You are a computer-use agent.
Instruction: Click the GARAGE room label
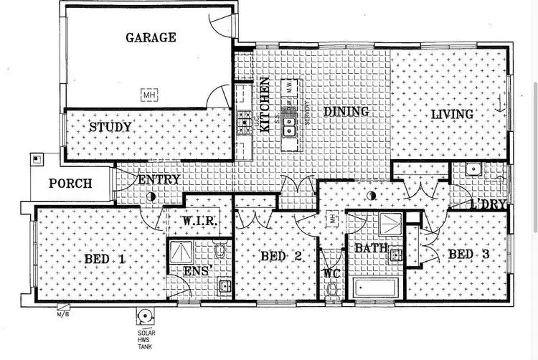click(151, 37)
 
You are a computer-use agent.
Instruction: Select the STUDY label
click(110, 128)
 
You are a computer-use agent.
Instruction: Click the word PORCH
click(70, 184)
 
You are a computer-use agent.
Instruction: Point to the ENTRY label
click(158, 179)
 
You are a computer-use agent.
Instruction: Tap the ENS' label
click(196, 272)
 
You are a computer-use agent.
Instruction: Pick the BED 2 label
click(280, 256)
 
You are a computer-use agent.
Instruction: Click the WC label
click(331, 273)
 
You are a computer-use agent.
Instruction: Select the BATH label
click(372, 249)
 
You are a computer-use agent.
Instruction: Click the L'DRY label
click(489, 205)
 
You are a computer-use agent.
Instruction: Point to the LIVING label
click(452, 115)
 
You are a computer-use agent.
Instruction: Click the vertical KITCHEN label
click(265, 105)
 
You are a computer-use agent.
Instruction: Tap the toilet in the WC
click(331, 289)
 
